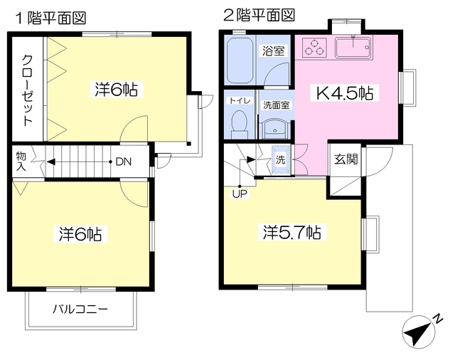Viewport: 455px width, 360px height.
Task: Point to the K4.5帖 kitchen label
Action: pos(346,92)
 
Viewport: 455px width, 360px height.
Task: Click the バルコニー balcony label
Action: pos(80,309)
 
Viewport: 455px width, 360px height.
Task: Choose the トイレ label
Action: pos(239,100)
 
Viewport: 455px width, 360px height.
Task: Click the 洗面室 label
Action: pos(276,105)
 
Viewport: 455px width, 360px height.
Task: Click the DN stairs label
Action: pos(123,161)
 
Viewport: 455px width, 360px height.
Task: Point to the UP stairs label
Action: pos(239,193)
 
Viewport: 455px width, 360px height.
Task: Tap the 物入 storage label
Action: pos(21,162)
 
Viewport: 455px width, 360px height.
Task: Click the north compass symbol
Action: pos(422,330)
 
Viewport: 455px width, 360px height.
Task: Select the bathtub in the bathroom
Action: pos(240,60)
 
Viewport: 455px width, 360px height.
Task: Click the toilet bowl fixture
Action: pos(240,125)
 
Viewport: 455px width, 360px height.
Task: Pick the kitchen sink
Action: pos(352,48)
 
